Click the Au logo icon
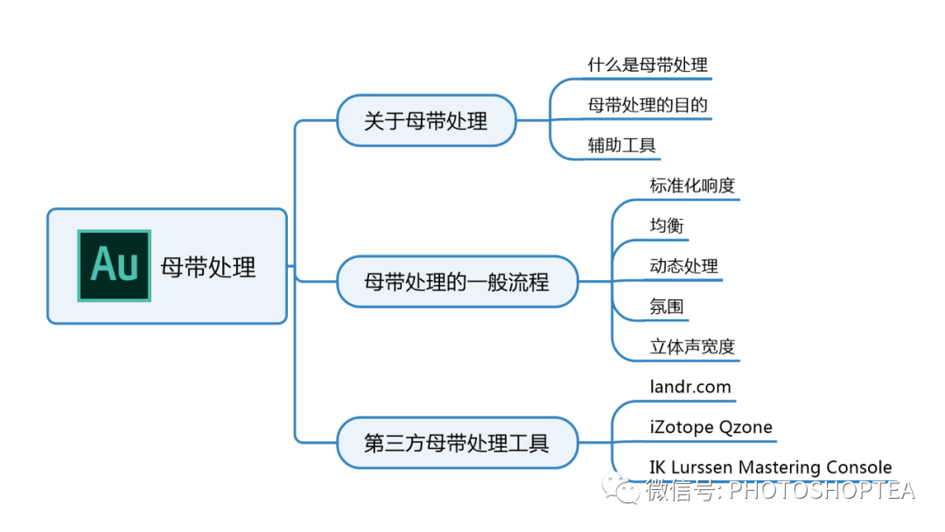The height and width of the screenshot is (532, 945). tap(114, 265)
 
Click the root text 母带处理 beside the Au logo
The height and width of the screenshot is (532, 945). tap(208, 267)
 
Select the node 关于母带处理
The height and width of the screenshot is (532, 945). tap(426, 121)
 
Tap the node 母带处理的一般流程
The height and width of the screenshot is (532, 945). tap(457, 282)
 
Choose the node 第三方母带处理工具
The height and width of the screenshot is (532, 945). tap(457, 443)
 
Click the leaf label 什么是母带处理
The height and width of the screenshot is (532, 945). tap(647, 65)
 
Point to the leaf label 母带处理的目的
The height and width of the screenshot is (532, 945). tap(647, 105)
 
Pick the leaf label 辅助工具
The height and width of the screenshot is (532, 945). tap(621, 145)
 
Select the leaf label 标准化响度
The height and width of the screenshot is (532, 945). tap(692, 185)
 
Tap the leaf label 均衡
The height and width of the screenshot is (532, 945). tap(667, 226)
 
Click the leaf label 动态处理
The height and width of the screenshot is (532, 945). tap(683, 266)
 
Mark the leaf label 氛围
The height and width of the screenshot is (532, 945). tap(667, 306)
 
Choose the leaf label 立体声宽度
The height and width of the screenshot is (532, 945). tap(692, 346)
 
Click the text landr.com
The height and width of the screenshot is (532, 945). tap(690, 386)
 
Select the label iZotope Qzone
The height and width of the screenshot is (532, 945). tap(710, 427)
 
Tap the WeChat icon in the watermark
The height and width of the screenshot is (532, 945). tap(626, 490)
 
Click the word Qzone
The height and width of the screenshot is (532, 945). tap(744, 427)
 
